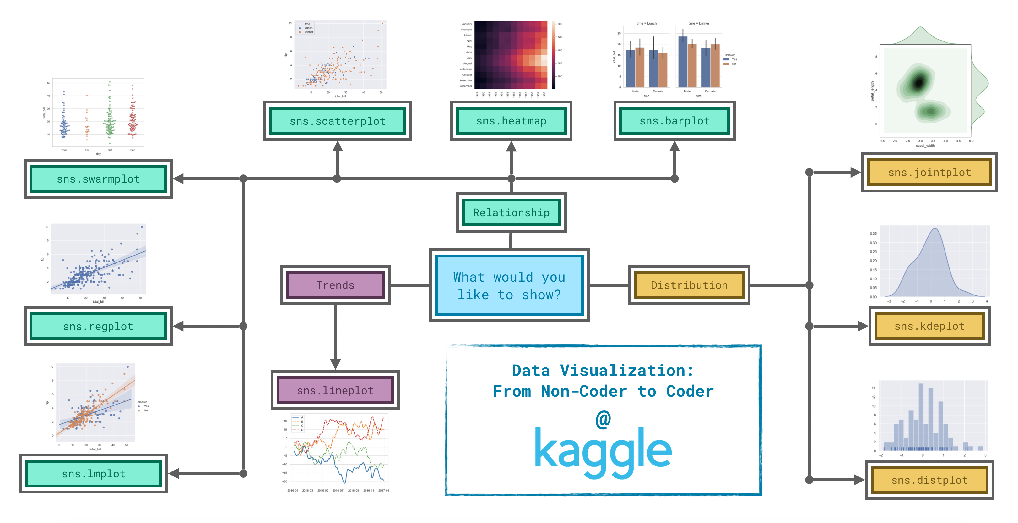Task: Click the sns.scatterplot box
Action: [x=338, y=121]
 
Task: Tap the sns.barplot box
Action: [x=674, y=121]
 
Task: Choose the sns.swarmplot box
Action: [x=98, y=179]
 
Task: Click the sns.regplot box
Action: [x=98, y=326]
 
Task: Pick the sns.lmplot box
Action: [x=94, y=474]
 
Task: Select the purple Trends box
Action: [x=335, y=285]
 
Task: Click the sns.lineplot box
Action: [x=335, y=390]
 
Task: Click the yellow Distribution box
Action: [x=689, y=285]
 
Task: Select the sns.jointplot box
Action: [x=929, y=173]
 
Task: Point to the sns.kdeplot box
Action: [x=929, y=326]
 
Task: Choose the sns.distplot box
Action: [x=929, y=480]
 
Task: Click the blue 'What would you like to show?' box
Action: [x=509, y=285]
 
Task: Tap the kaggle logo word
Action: [x=603, y=451]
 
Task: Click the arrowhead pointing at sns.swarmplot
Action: [x=179, y=179]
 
